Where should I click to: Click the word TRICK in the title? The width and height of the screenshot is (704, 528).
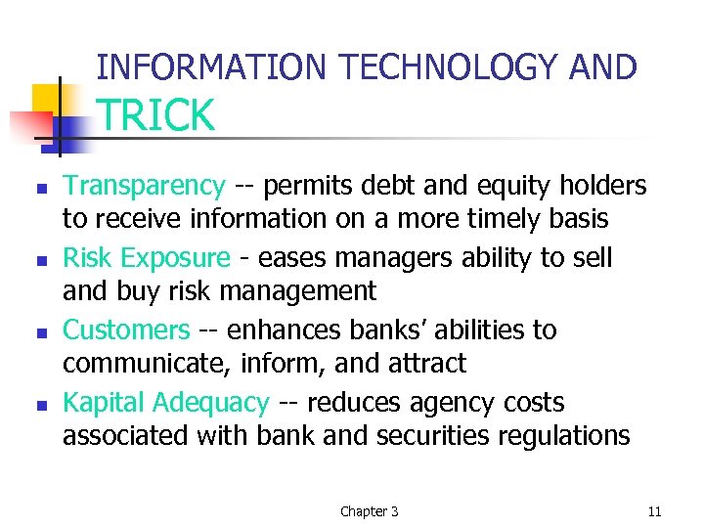(x=155, y=116)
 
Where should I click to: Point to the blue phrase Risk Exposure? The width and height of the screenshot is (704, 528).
(x=147, y=258)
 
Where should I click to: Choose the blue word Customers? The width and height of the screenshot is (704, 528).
(x=126, y=330)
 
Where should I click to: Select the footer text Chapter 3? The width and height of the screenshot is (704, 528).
(x=369, y=511)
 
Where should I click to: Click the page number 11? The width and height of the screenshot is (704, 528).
(x=655, y=511)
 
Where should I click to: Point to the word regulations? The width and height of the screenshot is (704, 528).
(x=562, y=435)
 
